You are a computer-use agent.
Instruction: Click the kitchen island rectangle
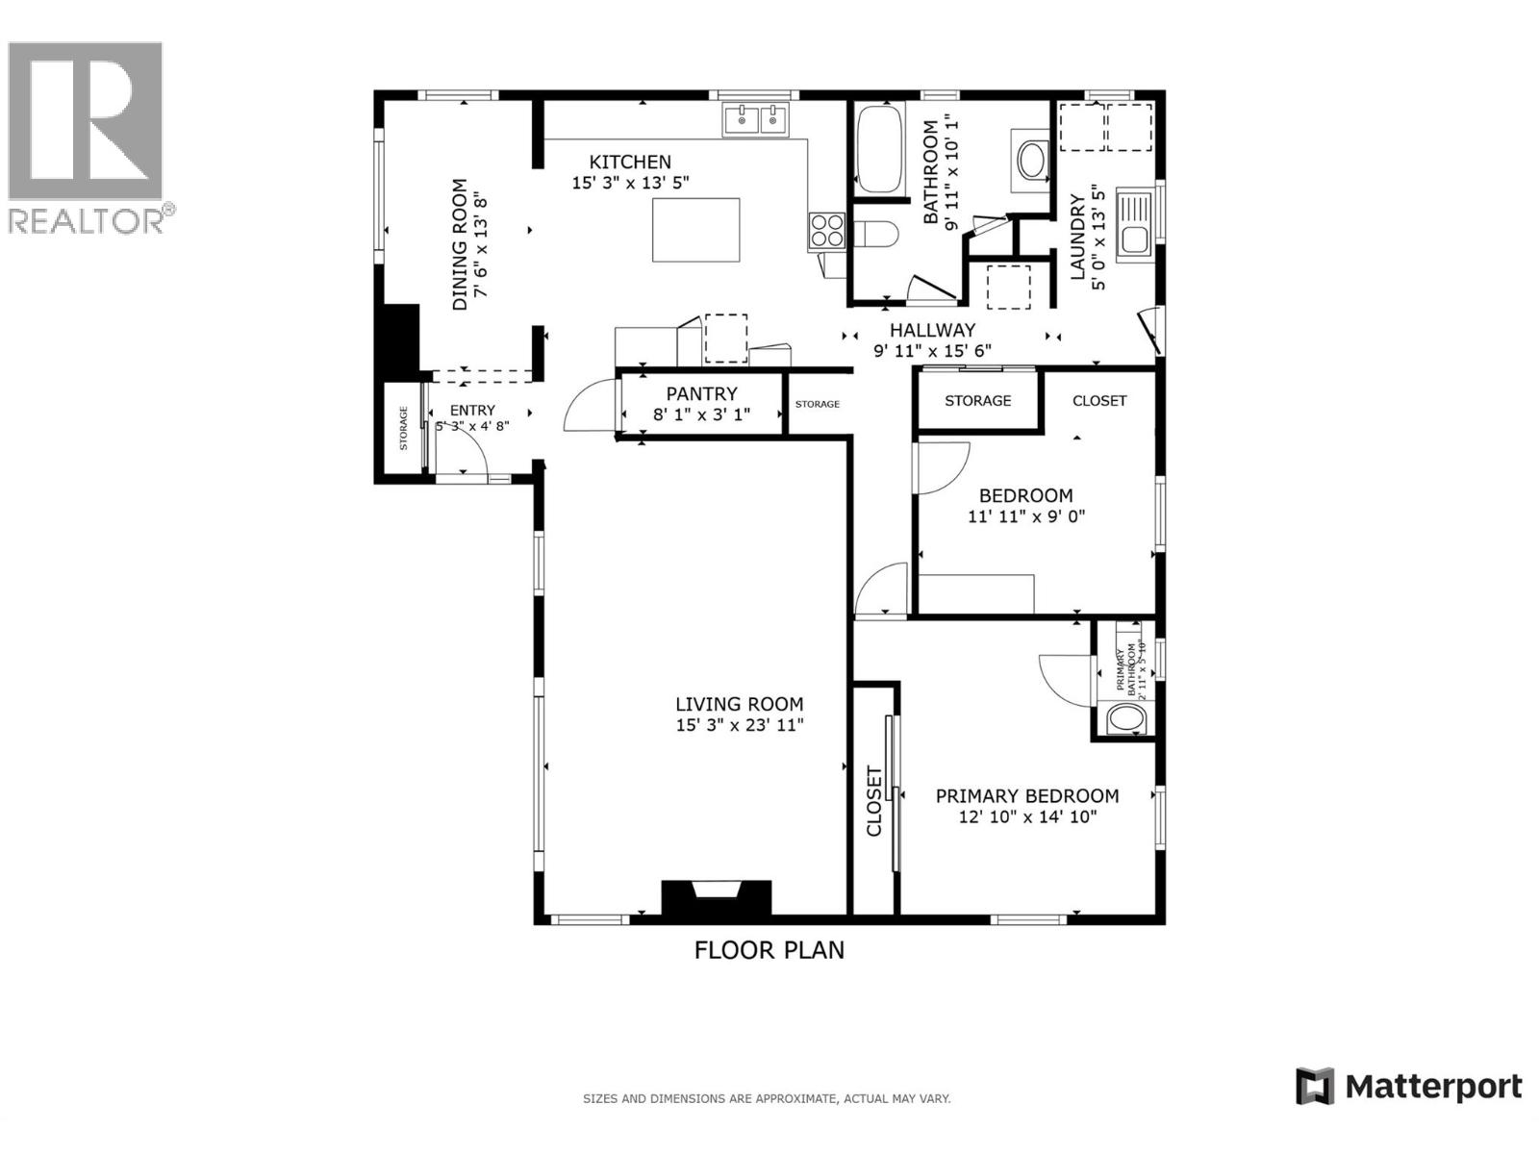[x=695, y=230]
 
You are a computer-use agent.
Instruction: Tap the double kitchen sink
[x=756, y=120]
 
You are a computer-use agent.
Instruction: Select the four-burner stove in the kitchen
[x=826, y=231]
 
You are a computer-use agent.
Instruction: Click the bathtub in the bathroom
[x=878, y=149]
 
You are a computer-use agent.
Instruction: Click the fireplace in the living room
[x=716, y=898]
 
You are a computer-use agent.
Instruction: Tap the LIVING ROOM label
[x=739, y=704]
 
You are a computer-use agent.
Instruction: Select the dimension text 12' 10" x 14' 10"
[x=1027, y=817]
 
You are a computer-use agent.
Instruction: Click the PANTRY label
[x=701, y=393]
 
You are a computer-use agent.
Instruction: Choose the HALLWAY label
[x=931, y=330]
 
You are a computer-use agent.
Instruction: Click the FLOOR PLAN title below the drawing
[x=769, y=950]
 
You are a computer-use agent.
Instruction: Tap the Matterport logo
[x=1409, y=1087]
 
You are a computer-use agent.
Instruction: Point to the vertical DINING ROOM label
[x=460, y=244]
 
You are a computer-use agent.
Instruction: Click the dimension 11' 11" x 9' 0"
[x=1025, y=516]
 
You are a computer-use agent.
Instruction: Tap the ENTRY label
[x=472, y=410]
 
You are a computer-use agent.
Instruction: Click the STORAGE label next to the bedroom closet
[x=977, y=400]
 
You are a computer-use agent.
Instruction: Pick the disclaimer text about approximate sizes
[x=767, y=1098]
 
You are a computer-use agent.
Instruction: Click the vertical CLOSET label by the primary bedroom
[x=874, y=801]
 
